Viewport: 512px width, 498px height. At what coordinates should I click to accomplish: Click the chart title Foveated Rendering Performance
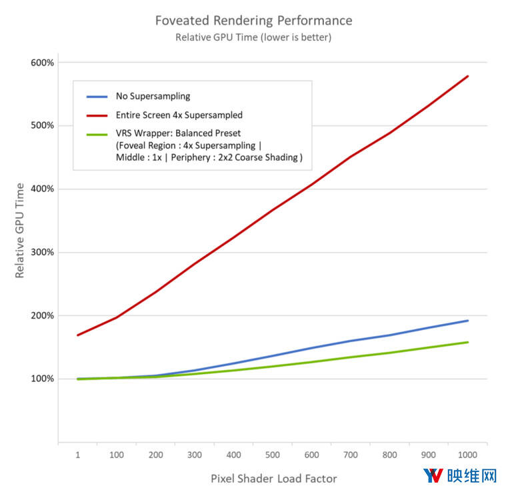point(253,20)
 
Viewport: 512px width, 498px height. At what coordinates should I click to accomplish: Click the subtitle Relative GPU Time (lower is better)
point(253,37)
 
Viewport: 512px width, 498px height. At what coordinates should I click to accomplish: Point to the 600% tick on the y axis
point(41,63)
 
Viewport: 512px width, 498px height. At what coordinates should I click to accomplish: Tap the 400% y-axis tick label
point(41,189)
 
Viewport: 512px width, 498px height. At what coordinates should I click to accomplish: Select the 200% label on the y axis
point(41,315)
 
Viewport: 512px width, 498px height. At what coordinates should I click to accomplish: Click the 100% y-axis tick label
point(41,379)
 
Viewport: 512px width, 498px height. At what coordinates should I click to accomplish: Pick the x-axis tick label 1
point(78,454)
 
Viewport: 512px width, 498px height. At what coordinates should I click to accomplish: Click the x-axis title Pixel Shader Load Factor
point(273,478)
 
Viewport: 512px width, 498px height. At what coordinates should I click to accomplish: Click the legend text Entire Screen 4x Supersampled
point(179,115)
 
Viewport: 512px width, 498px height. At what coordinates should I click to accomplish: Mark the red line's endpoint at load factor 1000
point(468,76)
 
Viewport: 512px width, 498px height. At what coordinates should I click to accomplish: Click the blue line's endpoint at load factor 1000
point(468,321)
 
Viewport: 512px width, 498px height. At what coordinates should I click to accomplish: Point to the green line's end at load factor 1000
point(468,343)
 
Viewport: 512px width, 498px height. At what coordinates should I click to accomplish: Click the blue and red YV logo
point(434,476)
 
